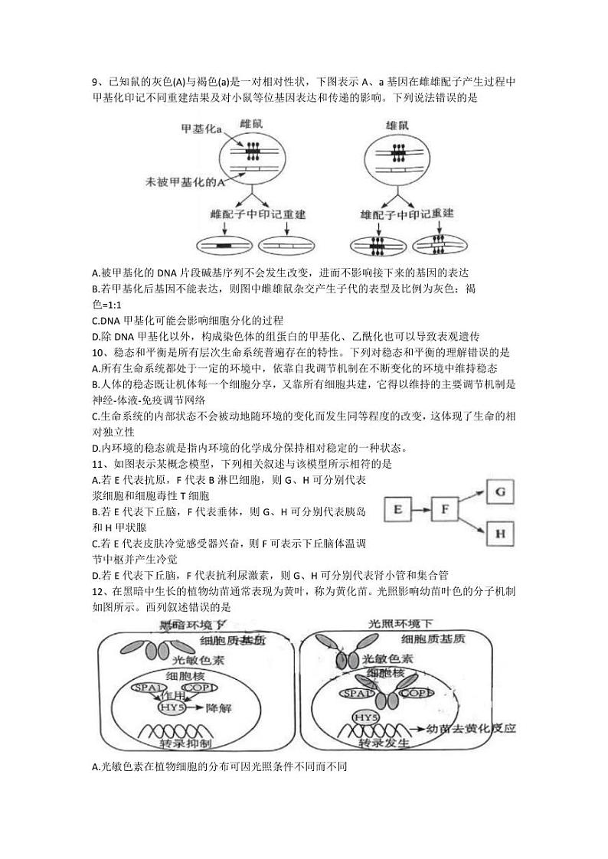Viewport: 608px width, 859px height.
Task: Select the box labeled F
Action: [449, 508]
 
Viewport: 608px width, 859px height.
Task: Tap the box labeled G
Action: [501, 491]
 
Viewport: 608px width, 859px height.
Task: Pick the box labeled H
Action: [501, 532]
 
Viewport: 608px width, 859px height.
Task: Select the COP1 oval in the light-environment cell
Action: [416, 693]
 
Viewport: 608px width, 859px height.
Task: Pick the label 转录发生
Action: [382, 743]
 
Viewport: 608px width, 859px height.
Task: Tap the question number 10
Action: [96, 352]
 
